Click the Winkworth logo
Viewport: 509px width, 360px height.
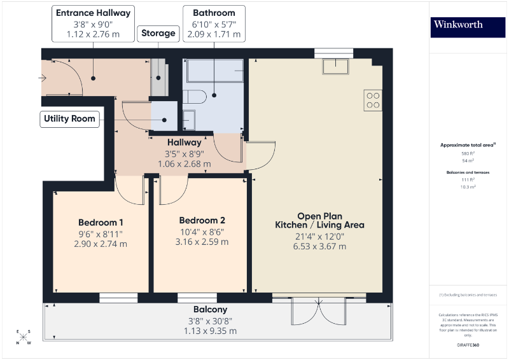click(468, 25)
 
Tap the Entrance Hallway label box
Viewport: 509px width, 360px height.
click(94, 24)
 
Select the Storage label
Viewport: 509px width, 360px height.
click(158, 33)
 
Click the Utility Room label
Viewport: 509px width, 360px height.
click(70, 118)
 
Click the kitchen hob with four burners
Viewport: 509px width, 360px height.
click(373, 100)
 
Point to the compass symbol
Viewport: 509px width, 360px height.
click(23, 337)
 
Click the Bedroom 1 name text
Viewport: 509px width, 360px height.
click(101, 223)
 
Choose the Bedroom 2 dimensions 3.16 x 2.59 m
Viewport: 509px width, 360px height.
click(202, 242)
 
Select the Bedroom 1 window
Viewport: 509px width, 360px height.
click(118, 297)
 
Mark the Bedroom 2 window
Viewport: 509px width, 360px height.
click(197, 297)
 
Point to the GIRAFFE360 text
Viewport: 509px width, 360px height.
click(468, 344)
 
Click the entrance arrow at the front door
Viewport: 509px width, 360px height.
click(43, 78)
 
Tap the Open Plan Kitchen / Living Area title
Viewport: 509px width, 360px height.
click(319, 221)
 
